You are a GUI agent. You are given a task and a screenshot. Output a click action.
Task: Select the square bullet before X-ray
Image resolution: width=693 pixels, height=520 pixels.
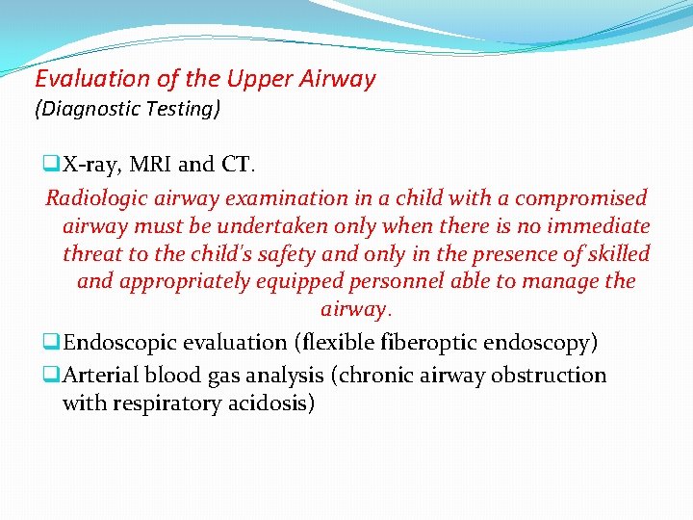[x=52, y=165]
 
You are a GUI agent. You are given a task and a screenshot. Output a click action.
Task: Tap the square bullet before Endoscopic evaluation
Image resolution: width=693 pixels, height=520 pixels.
[x=52, y=342]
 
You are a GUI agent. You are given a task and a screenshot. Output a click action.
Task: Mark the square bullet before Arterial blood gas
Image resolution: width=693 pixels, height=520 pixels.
[x=52, y=375]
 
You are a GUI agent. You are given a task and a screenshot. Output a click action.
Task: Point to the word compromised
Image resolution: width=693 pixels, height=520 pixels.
[x=581, y=198]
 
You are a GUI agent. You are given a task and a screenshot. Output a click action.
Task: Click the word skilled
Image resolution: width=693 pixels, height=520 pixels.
[x=616, y=254]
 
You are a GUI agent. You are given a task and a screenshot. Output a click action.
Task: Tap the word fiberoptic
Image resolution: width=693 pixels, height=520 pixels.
[x=436, y=342]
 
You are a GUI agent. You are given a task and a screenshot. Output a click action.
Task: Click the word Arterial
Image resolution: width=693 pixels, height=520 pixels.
[x=99, y=375]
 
